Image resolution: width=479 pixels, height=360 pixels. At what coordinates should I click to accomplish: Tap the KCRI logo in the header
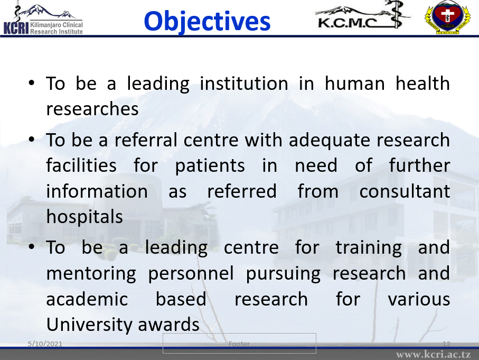click(x=43, y=19)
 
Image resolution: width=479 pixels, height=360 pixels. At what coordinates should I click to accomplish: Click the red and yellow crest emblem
click(x=447, y=17)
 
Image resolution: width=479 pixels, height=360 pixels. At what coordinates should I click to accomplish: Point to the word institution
click(x=244, y=84)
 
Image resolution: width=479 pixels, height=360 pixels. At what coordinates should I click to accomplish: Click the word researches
click(x=92, y=109)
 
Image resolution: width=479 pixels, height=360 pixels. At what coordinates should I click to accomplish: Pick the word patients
click(x=210, y=167)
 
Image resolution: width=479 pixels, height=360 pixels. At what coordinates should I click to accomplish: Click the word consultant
click(x=405, y=191)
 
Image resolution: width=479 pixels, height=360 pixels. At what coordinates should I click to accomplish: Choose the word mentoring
click(x=91, y=274)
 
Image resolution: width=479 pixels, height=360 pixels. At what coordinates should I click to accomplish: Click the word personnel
click(x=191, y=273)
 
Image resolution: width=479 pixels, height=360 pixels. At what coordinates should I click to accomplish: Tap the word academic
click(x=87, y=299)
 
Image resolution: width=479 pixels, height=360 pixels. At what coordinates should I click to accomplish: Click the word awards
click(x=168, y=325)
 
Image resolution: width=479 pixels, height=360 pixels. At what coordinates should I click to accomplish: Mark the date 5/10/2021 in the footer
click(x=45, y=344)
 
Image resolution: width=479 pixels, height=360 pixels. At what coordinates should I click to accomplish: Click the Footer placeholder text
click(x=239, y=344)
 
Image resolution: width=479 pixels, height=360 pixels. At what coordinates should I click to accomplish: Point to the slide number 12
click(x=446, y=344)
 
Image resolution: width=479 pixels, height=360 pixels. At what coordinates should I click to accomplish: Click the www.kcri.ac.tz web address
click(x=434, y=355)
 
